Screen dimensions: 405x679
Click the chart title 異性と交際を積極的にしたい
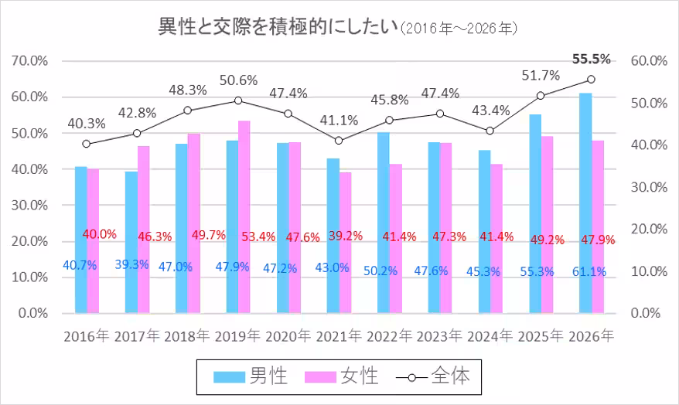tap(275, 28)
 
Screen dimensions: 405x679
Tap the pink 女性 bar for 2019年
tap(244, 216)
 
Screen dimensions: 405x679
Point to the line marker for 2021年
tap(339, 141)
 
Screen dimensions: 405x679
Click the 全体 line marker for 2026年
tap(591, 79)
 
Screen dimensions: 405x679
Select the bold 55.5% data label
tap(591, 59)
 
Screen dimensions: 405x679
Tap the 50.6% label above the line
tap(238, 80)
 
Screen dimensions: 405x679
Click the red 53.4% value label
tap(258, 236)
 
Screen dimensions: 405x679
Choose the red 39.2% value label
tap(346, 236)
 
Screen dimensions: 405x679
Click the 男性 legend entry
tap(251, 376)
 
